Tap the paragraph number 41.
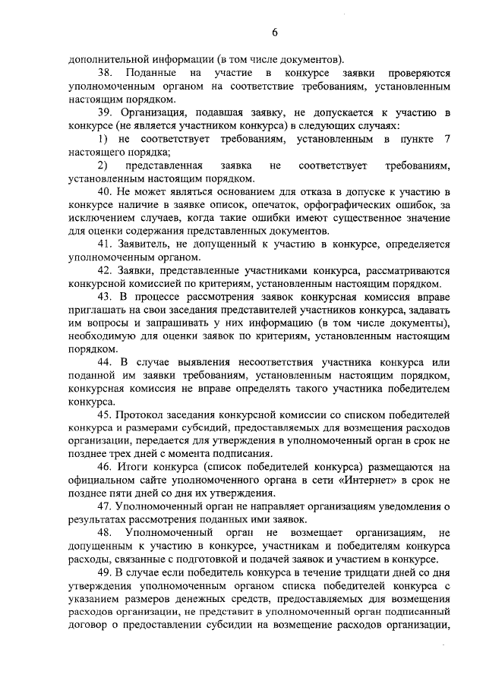[106, 244]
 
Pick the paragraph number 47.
[106, 507]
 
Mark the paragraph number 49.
[106, 570]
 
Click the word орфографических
[340, 204]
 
